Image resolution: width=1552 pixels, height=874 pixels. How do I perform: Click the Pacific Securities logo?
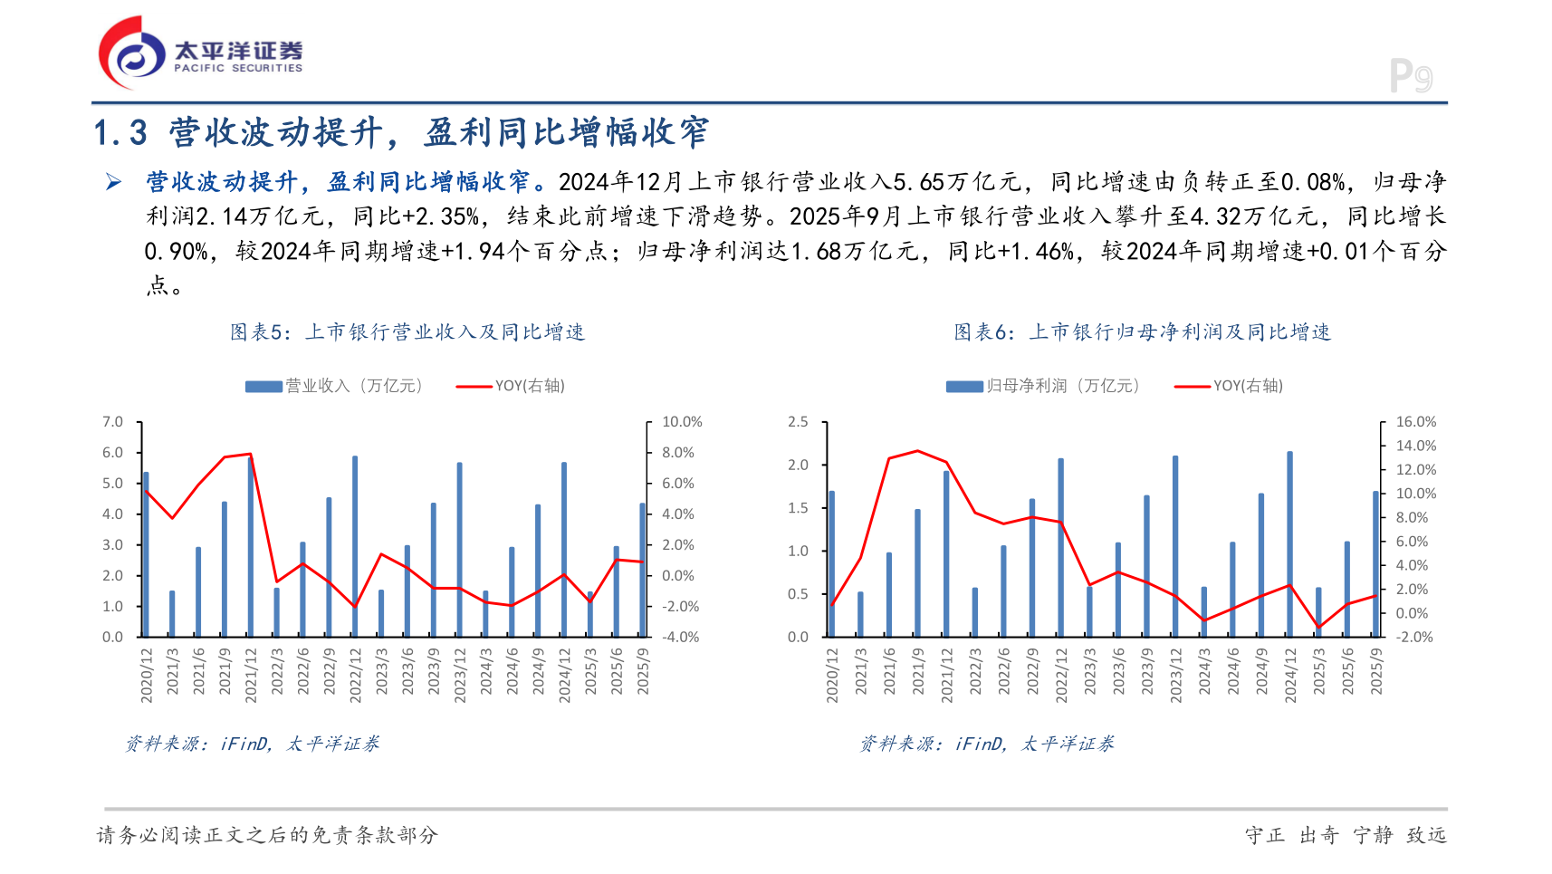click(x=200, y=53)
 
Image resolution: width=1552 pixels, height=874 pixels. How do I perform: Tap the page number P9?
click(x=1410, y=77)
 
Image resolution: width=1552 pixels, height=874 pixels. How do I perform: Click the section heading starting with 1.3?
click(x=401, y=133)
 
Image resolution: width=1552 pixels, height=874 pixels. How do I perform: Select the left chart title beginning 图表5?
click(x=407, y=332)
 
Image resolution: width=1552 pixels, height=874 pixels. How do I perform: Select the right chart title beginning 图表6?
click(x=1142, y=332)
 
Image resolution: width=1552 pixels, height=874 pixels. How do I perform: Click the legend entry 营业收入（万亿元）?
click(x=335, y=386)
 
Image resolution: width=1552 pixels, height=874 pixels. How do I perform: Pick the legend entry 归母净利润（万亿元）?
click(x=1043, y=386)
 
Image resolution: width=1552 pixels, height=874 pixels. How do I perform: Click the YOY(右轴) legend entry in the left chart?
click(x=512, y=386)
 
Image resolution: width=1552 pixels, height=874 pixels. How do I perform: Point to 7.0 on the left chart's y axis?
click(x=112, y=422)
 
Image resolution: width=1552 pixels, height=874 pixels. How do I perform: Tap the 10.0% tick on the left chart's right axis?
click(x=682, y=422)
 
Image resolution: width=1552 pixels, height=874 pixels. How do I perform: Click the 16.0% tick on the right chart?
click(x=1415, y=422)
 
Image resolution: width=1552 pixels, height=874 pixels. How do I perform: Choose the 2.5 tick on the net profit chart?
click(x=798, y=422)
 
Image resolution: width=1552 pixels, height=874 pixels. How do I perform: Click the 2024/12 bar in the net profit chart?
click(x=1289, y=543)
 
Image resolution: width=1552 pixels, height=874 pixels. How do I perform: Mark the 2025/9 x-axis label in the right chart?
click(x=1376, y=671)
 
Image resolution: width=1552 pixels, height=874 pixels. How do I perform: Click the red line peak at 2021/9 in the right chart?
click(x=917, y=451)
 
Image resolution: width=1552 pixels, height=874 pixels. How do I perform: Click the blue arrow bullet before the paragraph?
click(x=114, y=183)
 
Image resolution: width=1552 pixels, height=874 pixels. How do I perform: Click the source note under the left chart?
click(x=253, y=744)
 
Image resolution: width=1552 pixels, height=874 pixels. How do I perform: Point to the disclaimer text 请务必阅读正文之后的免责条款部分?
click(x=267, y=835)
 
